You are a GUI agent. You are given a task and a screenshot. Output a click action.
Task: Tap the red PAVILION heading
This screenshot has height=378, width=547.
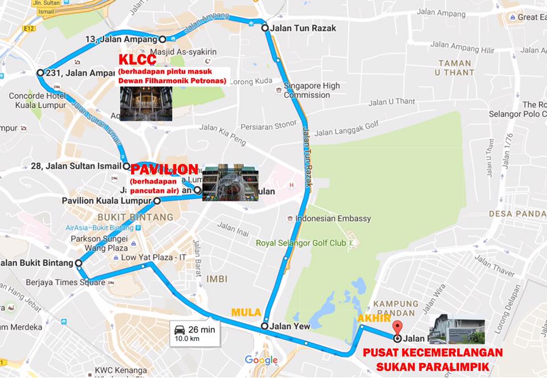point(165,170)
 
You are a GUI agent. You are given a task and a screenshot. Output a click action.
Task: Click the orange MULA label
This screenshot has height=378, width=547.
point(246,313)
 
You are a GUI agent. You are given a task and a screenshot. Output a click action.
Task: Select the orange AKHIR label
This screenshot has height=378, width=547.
point(374,318)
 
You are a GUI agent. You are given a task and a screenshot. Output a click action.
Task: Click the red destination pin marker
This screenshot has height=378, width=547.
point(398,328)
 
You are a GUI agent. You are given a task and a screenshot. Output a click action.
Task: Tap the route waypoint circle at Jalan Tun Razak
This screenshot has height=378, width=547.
point(265,28)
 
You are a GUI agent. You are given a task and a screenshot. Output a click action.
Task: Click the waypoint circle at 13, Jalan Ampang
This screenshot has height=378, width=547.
point(162,39)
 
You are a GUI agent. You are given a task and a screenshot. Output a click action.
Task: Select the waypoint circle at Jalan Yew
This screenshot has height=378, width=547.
point(264,326)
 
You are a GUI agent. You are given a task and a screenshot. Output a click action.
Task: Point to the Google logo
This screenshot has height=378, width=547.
point(261,360)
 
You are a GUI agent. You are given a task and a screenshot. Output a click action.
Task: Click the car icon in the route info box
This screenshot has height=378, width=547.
point(179,329)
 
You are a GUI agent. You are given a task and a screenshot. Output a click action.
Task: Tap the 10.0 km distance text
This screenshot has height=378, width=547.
point(186,339)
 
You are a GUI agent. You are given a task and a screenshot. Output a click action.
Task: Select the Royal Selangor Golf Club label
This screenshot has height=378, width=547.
point(301,243)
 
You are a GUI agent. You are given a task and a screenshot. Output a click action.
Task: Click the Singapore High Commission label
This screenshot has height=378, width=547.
point(312,91)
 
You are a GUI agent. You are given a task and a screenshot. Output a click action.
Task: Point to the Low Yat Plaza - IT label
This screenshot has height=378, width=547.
point(154,258)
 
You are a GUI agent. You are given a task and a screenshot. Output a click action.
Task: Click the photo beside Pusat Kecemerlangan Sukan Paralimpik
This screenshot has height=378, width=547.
point(457,328)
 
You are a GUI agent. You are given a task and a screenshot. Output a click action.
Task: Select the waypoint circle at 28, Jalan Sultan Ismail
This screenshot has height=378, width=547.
point(126,166)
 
